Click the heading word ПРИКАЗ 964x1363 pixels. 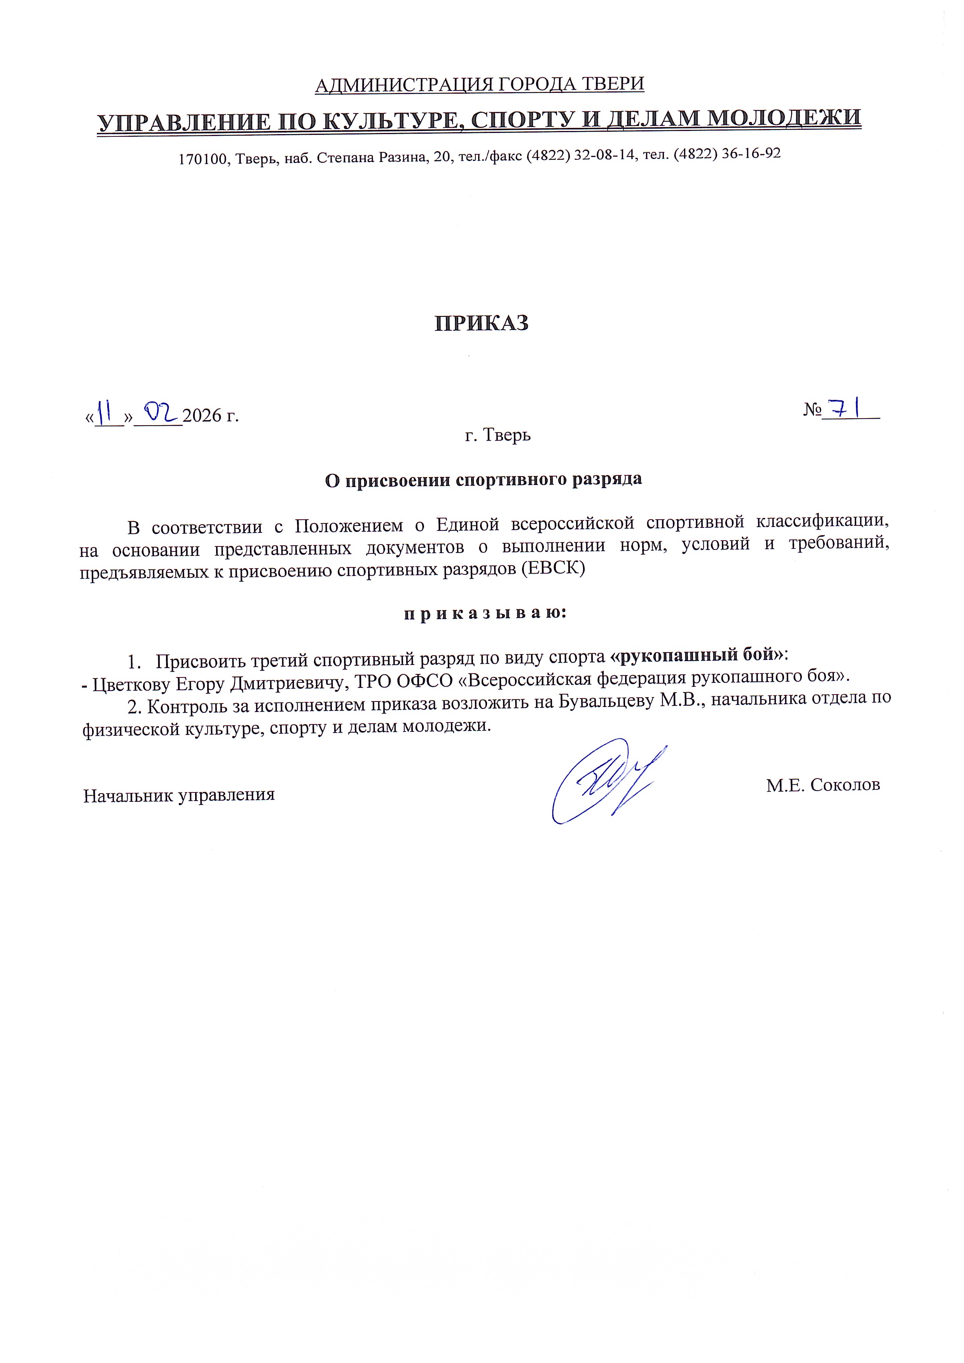pos(481,323)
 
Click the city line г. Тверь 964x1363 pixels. pos(498,435)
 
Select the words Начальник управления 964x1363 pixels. pos(179,796)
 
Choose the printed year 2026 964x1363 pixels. pos(202,415)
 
